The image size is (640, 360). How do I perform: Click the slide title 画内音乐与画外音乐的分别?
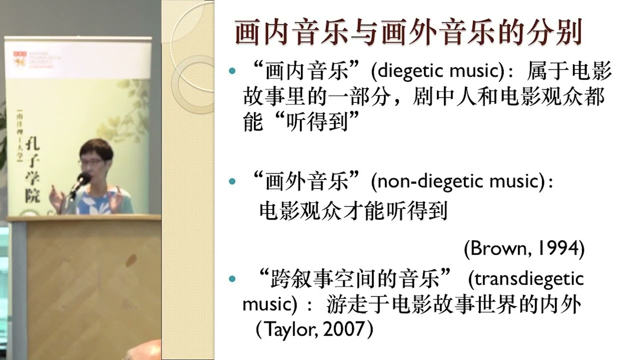[408, 33]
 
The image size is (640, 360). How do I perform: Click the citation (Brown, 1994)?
[524, 248]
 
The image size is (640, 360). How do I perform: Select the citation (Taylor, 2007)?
[314, 329]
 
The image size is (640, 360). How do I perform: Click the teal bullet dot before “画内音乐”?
[231, 72]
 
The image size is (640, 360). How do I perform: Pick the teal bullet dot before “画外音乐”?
[231, 181]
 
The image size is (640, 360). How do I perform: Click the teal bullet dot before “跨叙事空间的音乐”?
[231, 278]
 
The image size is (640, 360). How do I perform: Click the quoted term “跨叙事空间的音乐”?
[355, 278]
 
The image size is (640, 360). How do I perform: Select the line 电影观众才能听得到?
[352, 212]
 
